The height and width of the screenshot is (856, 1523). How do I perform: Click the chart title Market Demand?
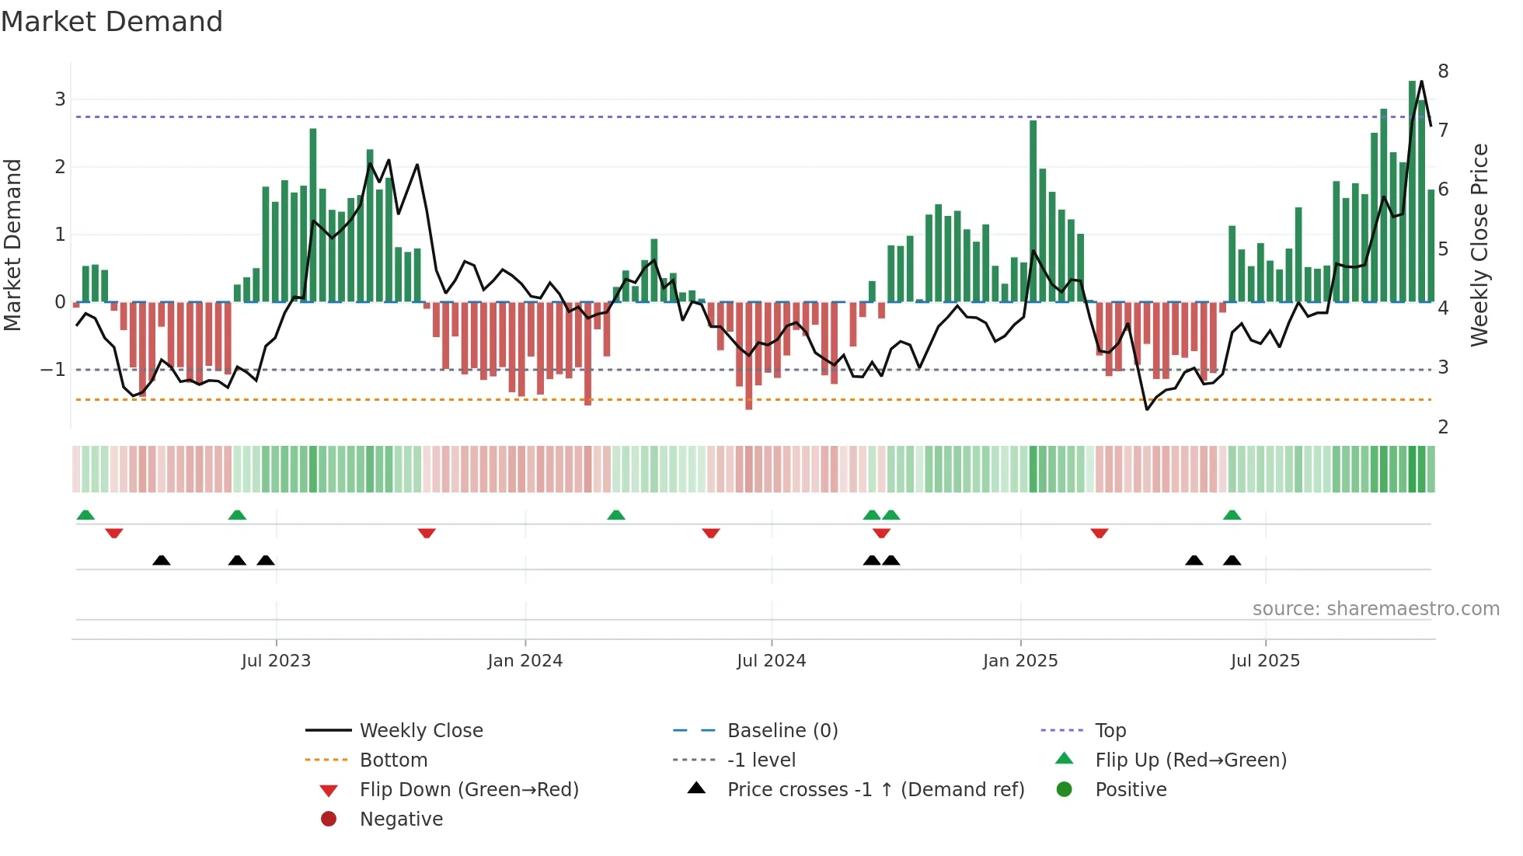point(112,22)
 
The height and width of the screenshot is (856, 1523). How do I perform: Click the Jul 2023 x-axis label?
point(276,661)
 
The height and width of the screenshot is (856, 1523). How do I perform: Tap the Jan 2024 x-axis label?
point(525,661)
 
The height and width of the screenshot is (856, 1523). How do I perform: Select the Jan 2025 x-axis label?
point(1019,661)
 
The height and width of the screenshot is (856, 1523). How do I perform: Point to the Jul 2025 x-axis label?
point(1265,661)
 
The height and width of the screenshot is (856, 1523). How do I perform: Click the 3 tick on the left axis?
point(60,99)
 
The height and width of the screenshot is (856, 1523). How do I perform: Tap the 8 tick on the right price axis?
point(1443,71)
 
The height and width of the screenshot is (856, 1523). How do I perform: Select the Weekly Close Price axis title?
point(1479,245)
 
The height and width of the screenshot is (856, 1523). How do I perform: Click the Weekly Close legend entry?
point(420,731)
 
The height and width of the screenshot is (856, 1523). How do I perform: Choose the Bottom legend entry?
point(393,760)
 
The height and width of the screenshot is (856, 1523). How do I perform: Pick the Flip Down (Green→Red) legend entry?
point(469,790)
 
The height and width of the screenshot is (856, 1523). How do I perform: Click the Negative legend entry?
point(401,819)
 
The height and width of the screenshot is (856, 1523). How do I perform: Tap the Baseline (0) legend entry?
point(782,731)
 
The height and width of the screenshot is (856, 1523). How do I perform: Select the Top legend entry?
point(1110,731)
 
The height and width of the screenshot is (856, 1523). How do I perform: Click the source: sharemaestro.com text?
point(1375,609)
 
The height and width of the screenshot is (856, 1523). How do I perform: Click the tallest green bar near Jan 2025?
point(1033,210)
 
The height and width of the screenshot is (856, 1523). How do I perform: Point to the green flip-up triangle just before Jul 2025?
point(1232,515)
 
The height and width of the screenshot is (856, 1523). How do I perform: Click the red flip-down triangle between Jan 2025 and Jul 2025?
point(1099,534)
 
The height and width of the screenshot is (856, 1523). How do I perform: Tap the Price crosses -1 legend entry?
point(875,790)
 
